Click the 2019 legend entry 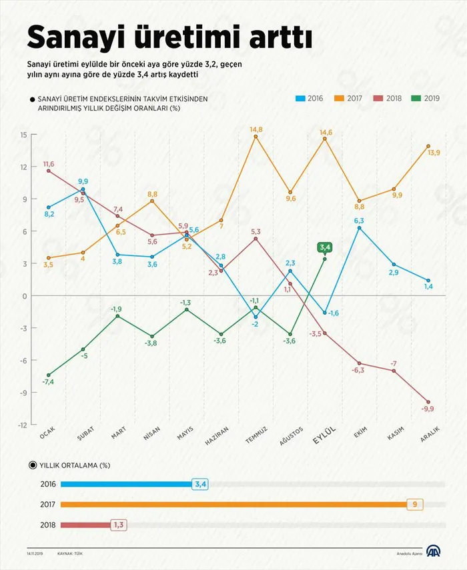click(426, 98)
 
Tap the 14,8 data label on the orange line click(256, 129)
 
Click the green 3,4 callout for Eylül click(324, 248)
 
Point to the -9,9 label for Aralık click(428, 408)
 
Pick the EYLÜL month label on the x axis click(326, 435)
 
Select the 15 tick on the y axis click(23, 135)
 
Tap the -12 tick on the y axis click(22, 425)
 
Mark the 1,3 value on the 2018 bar click(119, 525)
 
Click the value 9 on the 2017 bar click(414, 505)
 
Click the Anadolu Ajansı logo click(434, 552)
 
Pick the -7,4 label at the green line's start click(48, 382)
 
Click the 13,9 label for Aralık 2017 click(434, 153)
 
